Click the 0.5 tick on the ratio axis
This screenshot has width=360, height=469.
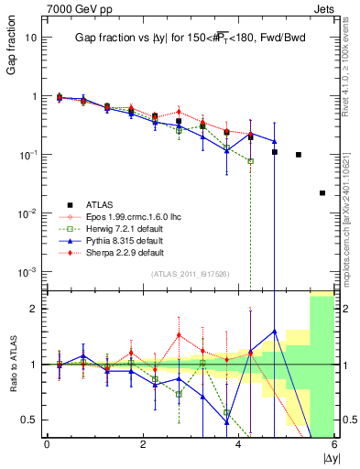click(x=28, y=420)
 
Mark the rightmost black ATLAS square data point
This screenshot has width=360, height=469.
click(x=322, y=193)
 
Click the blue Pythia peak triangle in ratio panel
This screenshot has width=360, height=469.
click(x=274, y=332)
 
